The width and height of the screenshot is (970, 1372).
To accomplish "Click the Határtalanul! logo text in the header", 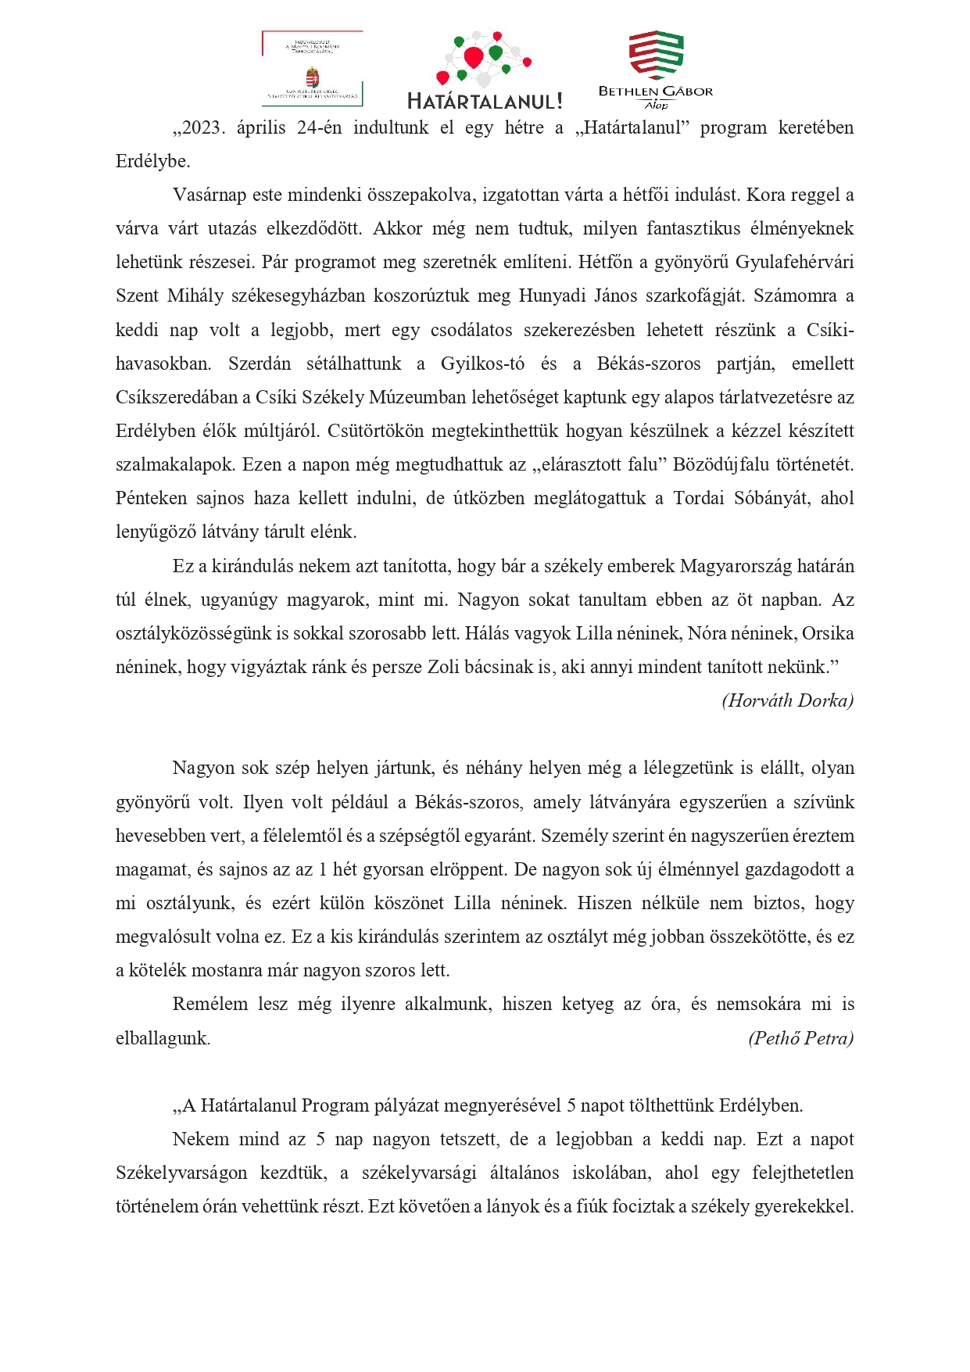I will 485,101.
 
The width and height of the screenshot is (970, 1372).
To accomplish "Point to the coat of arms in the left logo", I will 312,78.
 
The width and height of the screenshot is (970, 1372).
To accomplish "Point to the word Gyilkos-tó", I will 482,364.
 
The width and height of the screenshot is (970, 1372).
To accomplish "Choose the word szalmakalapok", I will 174,464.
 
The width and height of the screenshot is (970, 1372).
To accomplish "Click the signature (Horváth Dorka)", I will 787,700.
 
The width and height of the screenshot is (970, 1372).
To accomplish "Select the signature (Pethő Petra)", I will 800,1038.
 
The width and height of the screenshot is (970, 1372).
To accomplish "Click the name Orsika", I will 828,633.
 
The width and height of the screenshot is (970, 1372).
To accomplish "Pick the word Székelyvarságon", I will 181,1173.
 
